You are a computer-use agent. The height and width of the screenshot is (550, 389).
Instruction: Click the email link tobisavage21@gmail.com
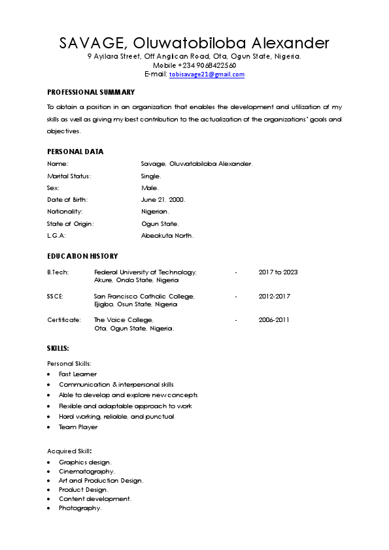pos(207,74)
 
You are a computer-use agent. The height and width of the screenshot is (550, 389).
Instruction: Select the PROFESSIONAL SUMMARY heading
pos(91,92)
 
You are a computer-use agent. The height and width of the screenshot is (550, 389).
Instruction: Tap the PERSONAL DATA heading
pos(75,152)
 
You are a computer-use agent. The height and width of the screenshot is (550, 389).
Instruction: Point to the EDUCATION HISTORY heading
pos(82,256)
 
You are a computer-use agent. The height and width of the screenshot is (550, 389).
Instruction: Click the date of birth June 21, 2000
pos(163,200)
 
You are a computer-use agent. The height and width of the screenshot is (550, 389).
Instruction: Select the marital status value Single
pos(151,176)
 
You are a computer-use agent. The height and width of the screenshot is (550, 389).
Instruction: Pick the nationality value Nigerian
pos(156,212)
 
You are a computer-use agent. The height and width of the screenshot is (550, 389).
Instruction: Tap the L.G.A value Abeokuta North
pos(167,236)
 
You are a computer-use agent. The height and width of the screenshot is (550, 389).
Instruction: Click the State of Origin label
pos(71,223)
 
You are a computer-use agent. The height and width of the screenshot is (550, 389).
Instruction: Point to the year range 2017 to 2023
pos(278,272)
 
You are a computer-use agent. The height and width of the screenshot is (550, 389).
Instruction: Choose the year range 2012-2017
pos(275,297)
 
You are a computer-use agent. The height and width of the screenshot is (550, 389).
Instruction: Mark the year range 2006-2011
pos(275,320)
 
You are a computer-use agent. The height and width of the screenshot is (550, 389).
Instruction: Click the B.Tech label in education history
pos(58,272)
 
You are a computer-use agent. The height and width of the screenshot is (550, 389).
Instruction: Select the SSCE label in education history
pos(56,297)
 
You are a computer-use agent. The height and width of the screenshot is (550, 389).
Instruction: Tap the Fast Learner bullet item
pos(78,374)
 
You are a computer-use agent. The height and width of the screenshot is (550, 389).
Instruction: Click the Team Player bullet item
pos(78,427)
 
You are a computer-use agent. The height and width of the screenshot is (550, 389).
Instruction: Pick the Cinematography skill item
pos(87,471)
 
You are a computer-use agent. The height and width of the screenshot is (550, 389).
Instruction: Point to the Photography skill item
pos(80,508)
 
